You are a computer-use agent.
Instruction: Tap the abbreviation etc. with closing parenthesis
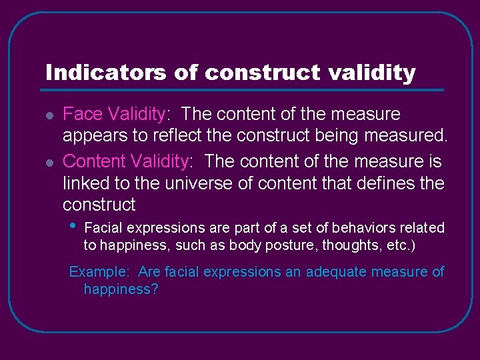click(401, 245)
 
